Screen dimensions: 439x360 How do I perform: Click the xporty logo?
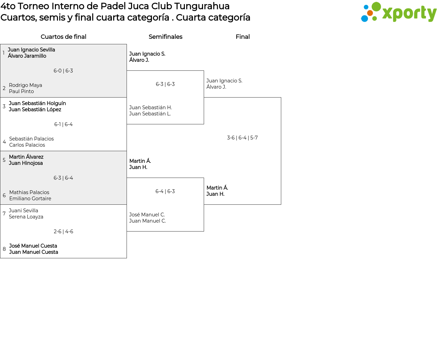399,12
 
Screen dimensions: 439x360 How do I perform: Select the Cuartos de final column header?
63,37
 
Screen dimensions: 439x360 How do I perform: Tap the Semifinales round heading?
165,37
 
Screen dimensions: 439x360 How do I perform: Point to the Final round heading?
242,37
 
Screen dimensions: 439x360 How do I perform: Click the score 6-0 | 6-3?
63,71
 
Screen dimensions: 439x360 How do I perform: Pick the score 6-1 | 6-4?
63,124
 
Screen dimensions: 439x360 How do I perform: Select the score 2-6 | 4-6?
63,232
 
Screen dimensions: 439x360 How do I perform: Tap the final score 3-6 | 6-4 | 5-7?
242,138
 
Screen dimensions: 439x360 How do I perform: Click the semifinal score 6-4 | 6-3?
165,191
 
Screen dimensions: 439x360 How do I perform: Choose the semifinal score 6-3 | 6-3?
165,84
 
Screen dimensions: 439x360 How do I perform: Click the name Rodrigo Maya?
25,85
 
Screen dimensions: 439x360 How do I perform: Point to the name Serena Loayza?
26,217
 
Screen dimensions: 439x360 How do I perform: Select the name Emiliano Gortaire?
30,199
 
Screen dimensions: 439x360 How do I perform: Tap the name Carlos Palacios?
27,145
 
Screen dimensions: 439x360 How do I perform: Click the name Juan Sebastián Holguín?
37,103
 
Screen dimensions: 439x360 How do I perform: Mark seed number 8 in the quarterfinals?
4,249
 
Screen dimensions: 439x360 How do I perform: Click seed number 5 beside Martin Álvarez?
4,160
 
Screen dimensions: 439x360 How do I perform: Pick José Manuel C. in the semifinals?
147,215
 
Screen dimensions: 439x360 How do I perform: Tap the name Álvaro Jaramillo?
27,56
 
